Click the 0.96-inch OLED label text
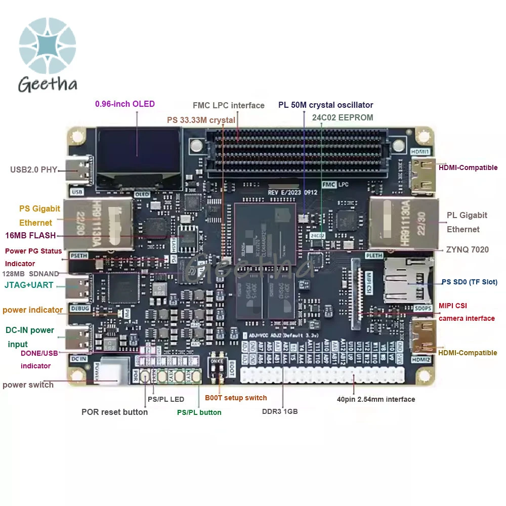[125, 104]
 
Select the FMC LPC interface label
[229, 105]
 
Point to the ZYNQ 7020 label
[467, 249]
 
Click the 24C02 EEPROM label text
[343, 117]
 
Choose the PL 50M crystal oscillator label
[325, 105]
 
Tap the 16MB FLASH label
[30, 235]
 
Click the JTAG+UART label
[29, 285]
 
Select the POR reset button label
[114, 412]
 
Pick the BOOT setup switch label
[236, 398]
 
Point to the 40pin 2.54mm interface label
[376, 399]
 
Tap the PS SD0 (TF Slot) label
[469, 282]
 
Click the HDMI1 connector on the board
[424, 175]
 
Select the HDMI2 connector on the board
[424, 336]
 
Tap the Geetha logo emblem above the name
[48, 46]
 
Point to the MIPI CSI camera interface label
[467, 312]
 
